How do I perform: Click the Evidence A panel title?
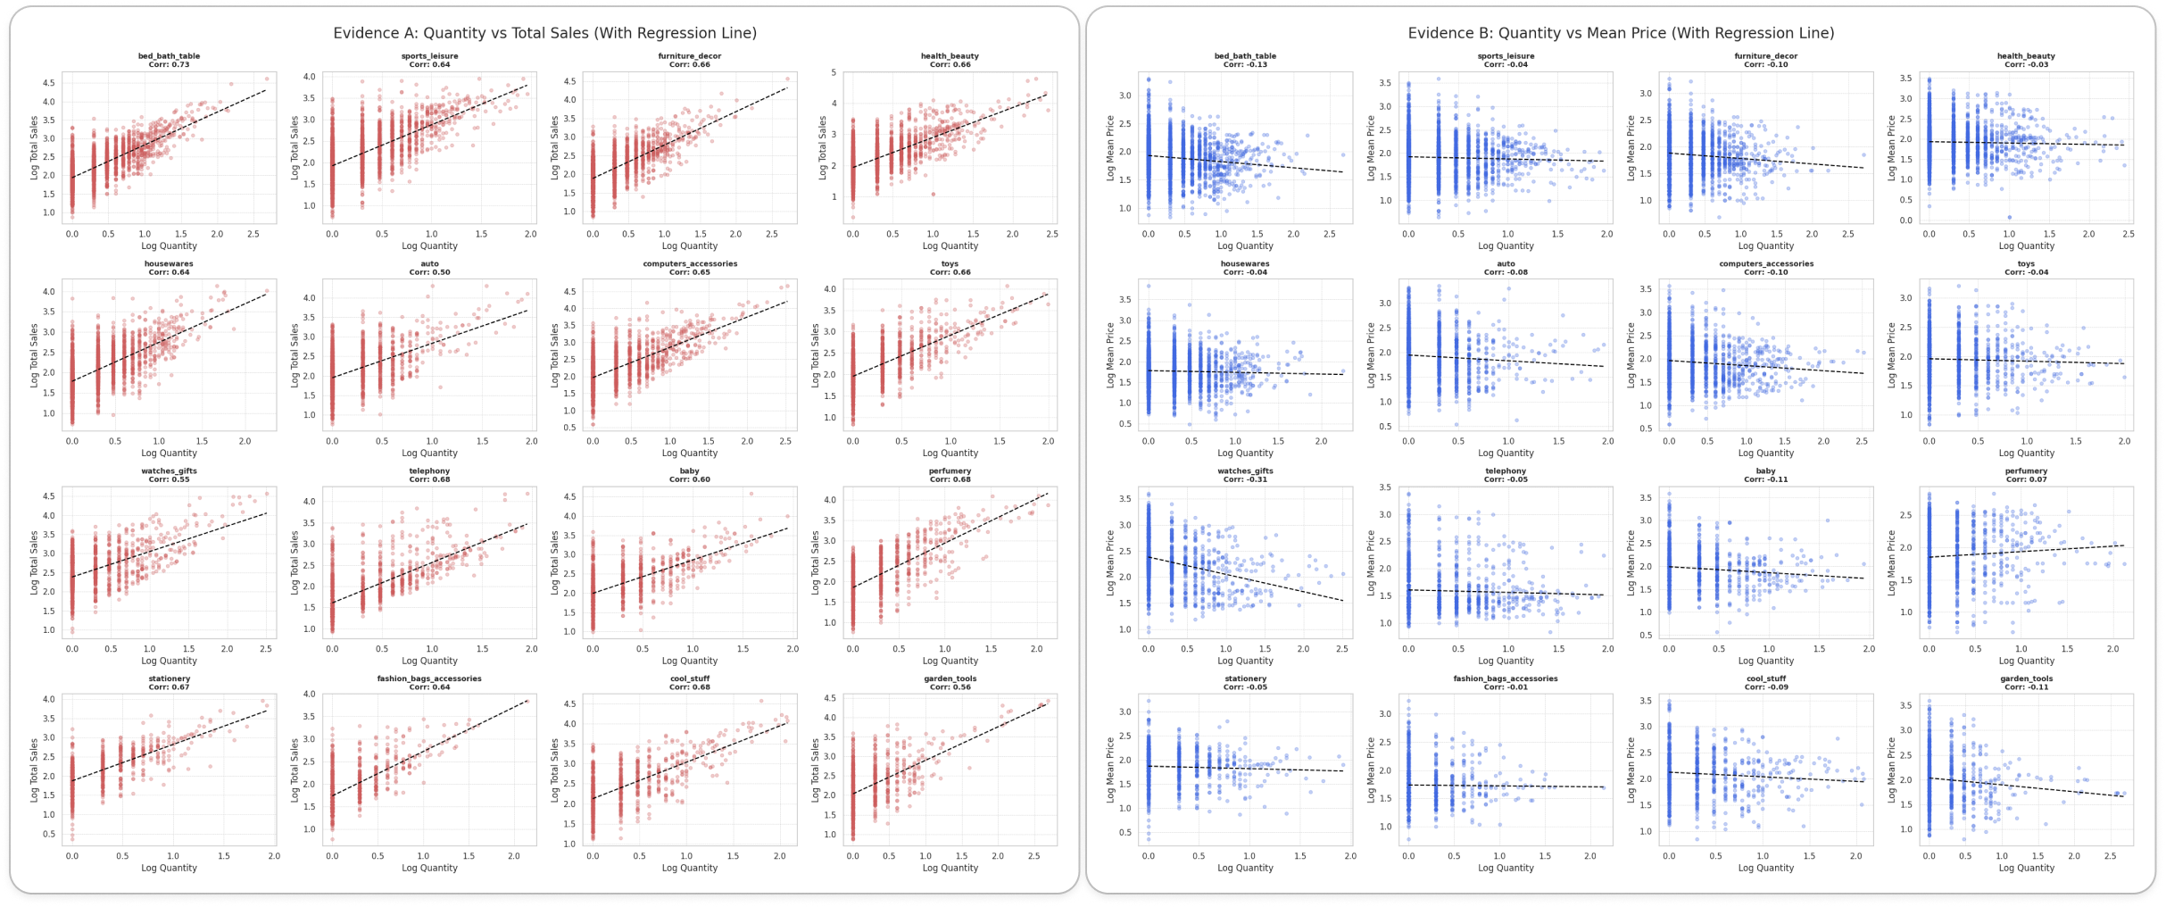coord(544,33)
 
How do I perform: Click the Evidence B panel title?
coord(1621,33)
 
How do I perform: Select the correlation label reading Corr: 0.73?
coord(169,64)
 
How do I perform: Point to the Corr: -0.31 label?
coord(1245,479)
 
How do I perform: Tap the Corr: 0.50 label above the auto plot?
coord(429,272)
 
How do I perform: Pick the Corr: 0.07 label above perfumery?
coord(2026,479)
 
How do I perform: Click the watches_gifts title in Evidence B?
coord(1245,470)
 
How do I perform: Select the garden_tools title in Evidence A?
coord(950,678)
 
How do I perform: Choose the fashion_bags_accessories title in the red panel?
coord(429,678)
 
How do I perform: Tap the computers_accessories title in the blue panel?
coord(1765,263)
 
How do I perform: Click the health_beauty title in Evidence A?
coord(950,55)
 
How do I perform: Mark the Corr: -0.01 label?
coord(1506,687)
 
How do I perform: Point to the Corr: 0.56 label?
coord(950,687)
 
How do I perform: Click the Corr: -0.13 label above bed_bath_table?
coord(1245,64)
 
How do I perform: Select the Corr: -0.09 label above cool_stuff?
coord(1765,687)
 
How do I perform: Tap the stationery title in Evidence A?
coord(169,678)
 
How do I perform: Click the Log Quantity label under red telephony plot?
coord(429,661)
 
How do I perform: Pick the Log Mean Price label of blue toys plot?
coord(1891,354)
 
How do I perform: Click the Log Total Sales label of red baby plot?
coord(554,562)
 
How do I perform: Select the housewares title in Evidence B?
coord(1245,263)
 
